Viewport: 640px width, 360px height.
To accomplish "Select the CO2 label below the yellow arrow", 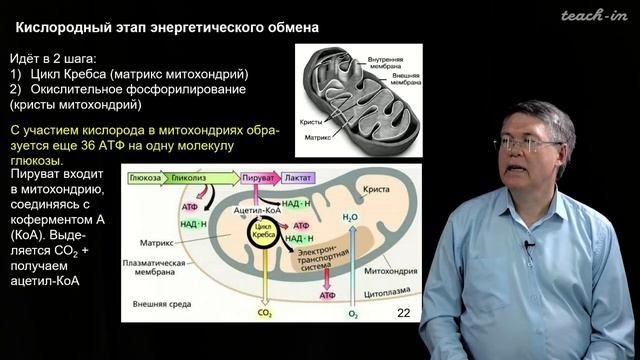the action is coord(265,314).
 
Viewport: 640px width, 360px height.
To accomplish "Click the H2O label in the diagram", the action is coord(349,218).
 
